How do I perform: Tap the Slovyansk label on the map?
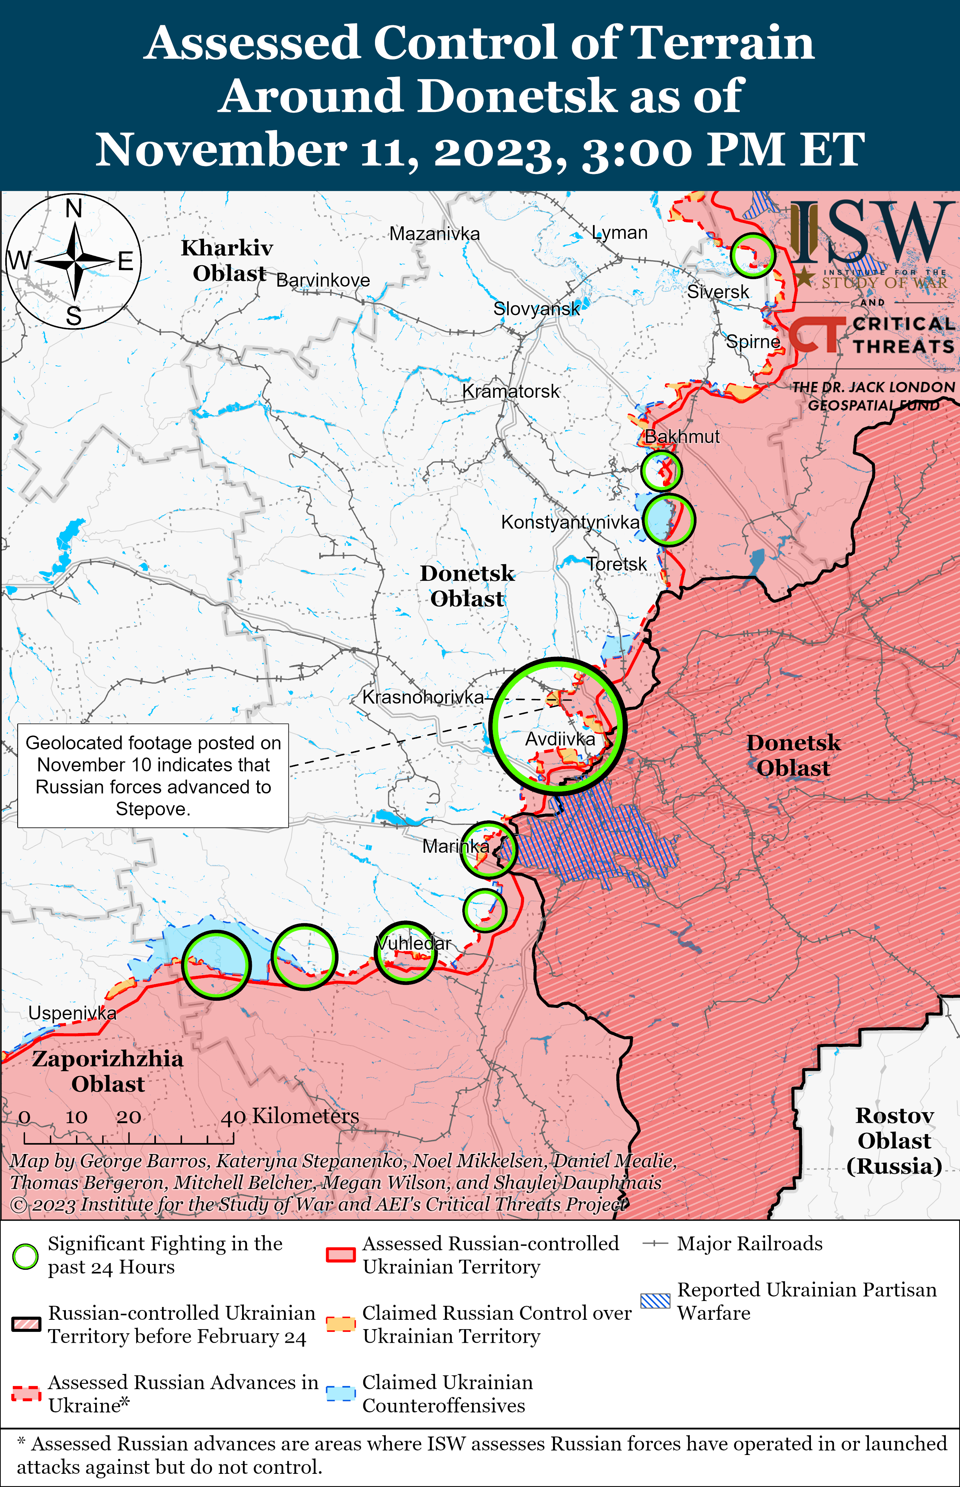(536, 308)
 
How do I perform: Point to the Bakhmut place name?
(681, 437)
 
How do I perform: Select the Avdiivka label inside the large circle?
(560, 739)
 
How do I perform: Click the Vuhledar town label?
(413, 943)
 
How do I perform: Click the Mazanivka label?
(434, 234)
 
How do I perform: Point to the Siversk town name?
(718, 292)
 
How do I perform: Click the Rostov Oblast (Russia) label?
(894, 1140)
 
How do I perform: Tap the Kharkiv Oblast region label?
(227, 261)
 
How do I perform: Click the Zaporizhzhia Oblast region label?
(108, 1071)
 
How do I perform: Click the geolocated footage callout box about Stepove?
(153, 776)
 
